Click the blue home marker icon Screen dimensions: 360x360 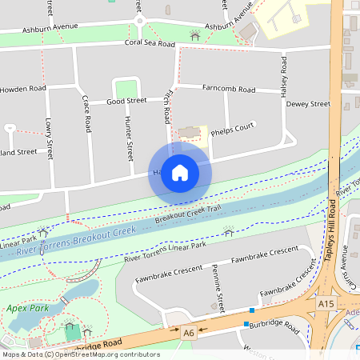point(180,173)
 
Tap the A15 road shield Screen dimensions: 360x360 point(326,304)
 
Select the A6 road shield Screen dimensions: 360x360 point(189,332)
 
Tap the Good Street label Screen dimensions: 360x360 point(127,102)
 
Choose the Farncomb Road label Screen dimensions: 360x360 point(229,89)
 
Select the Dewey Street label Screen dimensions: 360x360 point(308,105)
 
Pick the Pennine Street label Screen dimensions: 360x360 point(217,288)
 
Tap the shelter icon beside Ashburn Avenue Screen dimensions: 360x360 point(194,34)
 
